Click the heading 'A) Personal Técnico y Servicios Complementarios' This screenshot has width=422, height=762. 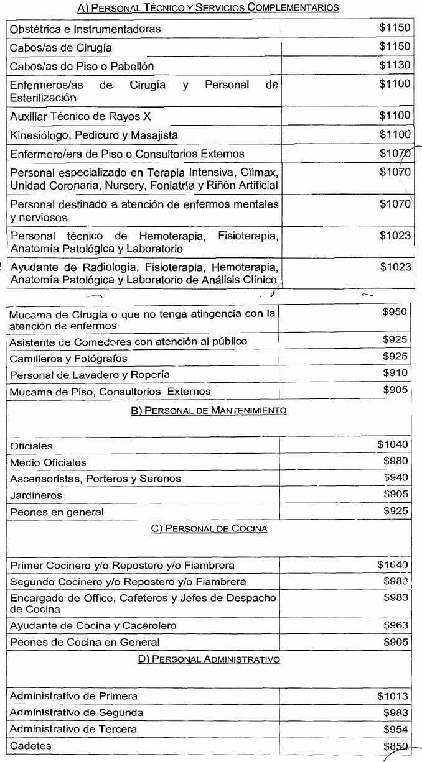(x=208, y=7)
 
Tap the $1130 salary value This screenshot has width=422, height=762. (x=395, y=65)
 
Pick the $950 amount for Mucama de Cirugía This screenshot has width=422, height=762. (x=395, y=311)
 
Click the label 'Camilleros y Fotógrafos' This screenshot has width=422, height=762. (x=68, y=359)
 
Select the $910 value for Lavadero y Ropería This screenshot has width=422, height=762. (x=396, y=373)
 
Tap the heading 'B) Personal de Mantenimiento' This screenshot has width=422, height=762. (x=209, y=410)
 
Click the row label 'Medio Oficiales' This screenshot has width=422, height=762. (x=48, y=462)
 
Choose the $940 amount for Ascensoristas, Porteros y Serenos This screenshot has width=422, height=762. (x=396, y=477)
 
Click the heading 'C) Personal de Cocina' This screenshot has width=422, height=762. (x=209, y=528)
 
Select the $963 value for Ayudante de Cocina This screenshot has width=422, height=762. (x=396, y=625)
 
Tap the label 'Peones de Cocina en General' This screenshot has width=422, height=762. (x=85, y=642)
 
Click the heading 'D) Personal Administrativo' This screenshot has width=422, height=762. (x=209, y=659)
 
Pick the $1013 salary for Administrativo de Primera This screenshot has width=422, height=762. (x=393, y=696)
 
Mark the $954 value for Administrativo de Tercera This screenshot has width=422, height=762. (x=396, y=728)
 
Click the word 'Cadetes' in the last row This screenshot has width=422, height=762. (x=30, y=745)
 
